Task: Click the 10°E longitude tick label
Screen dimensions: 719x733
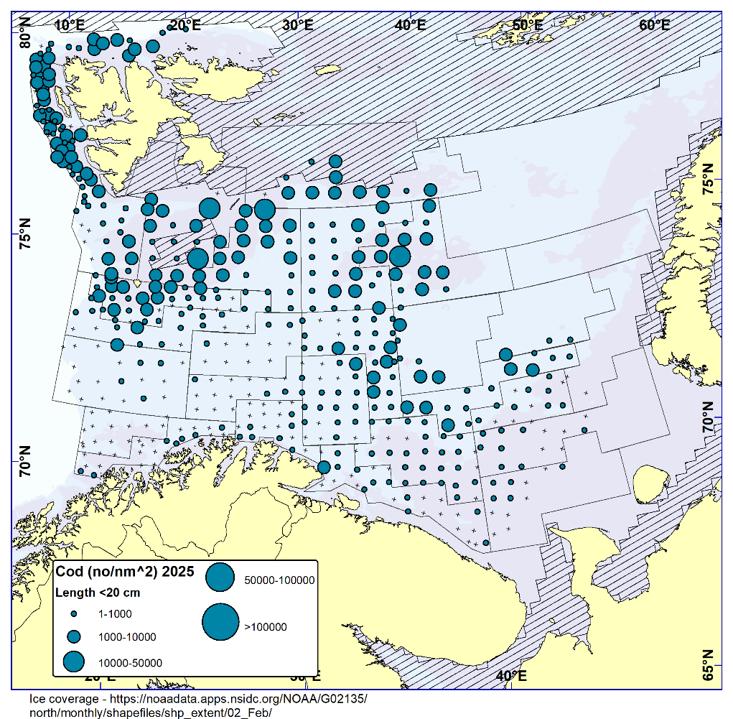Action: (69, 24)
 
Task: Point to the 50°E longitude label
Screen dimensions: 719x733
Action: (527, 24)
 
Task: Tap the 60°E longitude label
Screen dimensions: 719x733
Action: (654, 24)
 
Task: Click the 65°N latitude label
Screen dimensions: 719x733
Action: (708, 665)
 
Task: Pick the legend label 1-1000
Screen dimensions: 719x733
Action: (115, 614)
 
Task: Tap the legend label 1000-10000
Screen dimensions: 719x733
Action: (127, 637)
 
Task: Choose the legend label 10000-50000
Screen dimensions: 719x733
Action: (130, 662)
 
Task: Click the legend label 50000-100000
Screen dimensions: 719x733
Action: (279, 580)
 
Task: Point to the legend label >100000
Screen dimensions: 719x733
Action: (266, 627)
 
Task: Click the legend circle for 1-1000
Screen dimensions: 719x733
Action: (74, 614)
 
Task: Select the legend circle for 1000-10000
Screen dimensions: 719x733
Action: (74, 636)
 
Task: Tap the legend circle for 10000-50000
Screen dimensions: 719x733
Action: (74, 662)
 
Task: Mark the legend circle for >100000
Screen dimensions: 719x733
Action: (220, 622)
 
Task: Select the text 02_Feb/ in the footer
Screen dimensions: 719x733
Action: (250, 712)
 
